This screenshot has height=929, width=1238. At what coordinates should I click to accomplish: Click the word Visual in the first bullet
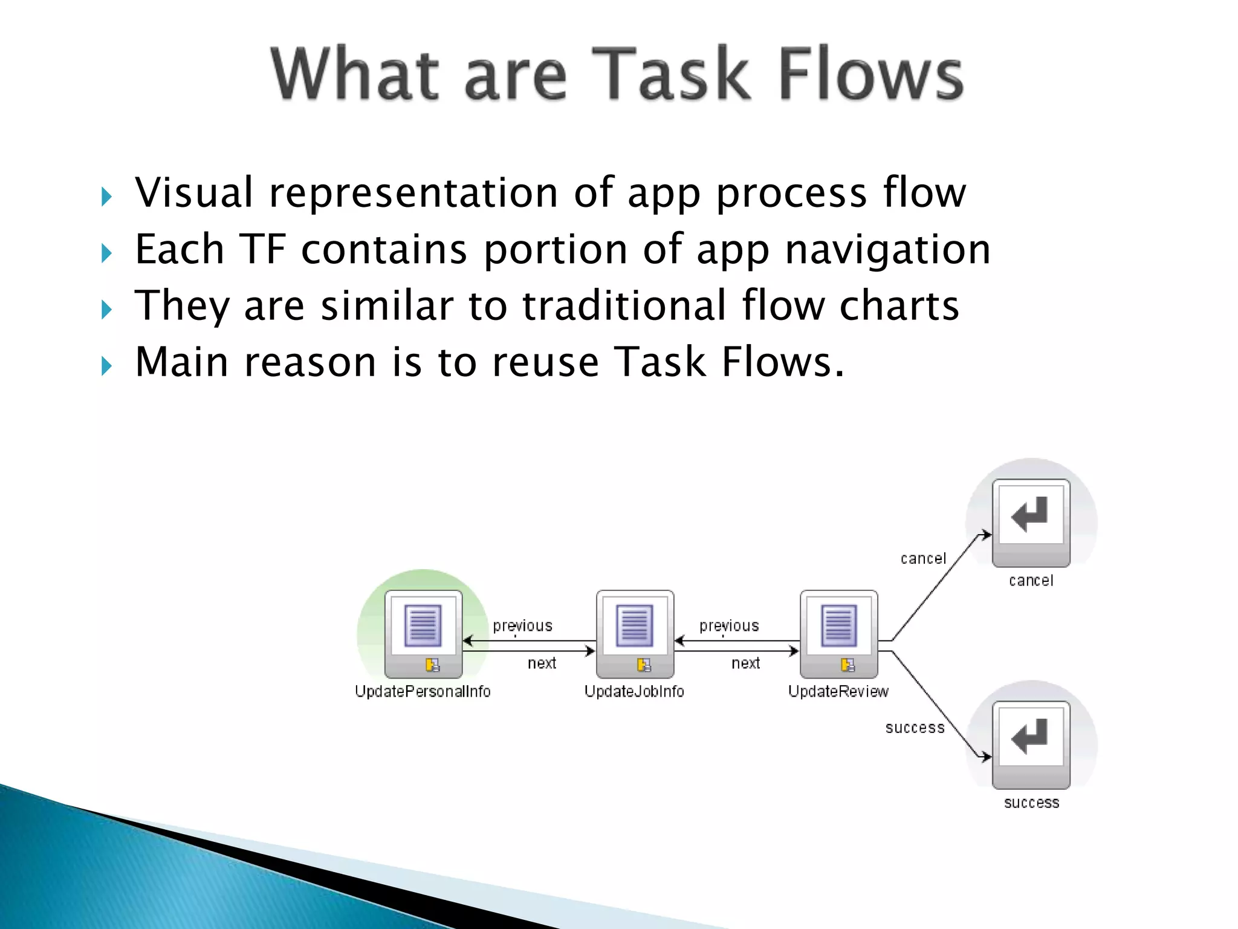(x=194, y=192)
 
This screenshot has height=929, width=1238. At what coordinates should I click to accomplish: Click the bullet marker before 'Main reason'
(x=107, y=366)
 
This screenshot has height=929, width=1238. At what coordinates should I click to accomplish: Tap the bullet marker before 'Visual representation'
(x=107, y=197)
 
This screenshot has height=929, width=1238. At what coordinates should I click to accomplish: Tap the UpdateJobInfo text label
(x=634, y=691)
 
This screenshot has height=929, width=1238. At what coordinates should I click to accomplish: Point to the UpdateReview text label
(x=838, y=691)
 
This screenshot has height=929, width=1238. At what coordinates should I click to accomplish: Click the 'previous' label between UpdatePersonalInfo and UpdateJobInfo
(x=522, y=626)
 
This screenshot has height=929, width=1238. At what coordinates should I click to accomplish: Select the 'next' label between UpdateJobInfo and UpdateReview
(x=745, y=663)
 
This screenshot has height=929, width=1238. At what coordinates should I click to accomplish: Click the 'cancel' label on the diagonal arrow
(x=923, y=559)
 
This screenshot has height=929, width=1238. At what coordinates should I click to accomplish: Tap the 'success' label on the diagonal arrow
(x=915, y=728)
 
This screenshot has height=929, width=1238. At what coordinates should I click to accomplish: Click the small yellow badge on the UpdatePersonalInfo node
(x=432, y=665)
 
